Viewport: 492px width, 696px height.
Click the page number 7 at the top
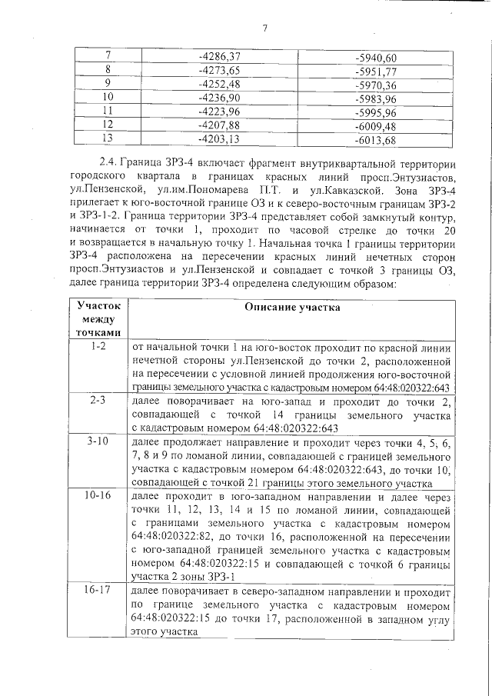click(264, 29)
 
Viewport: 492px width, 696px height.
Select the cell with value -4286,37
click(220, 56)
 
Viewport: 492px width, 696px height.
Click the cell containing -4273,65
click(220, 70)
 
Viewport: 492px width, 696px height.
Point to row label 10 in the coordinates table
click(108, 98)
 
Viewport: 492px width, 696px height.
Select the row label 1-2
click(98, 347)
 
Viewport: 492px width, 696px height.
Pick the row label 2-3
click(98, 401)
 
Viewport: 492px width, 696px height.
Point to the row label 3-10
click(98, 443)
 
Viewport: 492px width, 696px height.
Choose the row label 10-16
click(98, 497)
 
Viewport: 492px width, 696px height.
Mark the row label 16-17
click(98, 591)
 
